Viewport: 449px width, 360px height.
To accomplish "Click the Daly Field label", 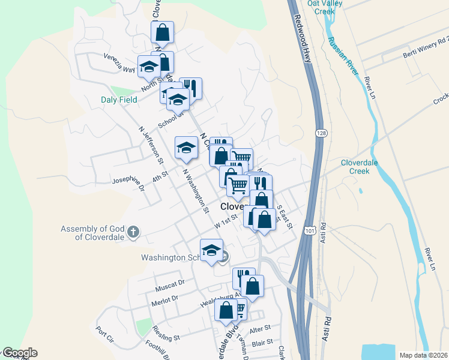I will pyautogui.click(x=119, y=99).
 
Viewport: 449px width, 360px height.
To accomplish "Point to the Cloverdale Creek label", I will pyautogui.click(x=363, y=166).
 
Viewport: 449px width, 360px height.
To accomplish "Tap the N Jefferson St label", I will pyautogui.click(x=151, y=145).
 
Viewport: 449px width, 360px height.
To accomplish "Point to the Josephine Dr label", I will pyautogui.click(x=129, y=184).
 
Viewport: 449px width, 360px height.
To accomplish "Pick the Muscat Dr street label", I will pyautogui.click(x=169, y=281).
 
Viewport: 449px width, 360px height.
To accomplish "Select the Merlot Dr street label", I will pyautogui.click(x=165, y=298).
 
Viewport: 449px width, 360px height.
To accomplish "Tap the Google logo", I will pyautogui.click(x=19, y=353).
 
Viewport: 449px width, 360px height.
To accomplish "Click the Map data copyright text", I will pyautogui.click(x=423, y=355).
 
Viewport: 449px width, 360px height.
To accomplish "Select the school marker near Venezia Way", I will pyautogui.click(x=148, y=67).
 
